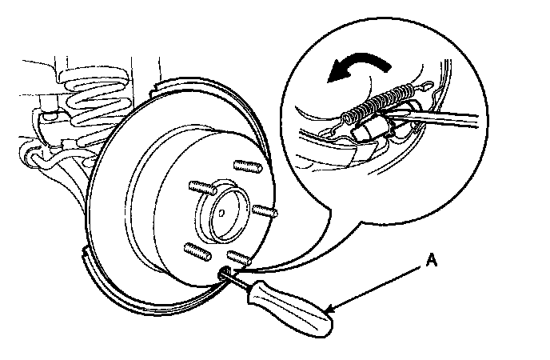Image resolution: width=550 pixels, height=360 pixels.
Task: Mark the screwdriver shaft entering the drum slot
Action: pyautogui.click(x=228, y=275)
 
